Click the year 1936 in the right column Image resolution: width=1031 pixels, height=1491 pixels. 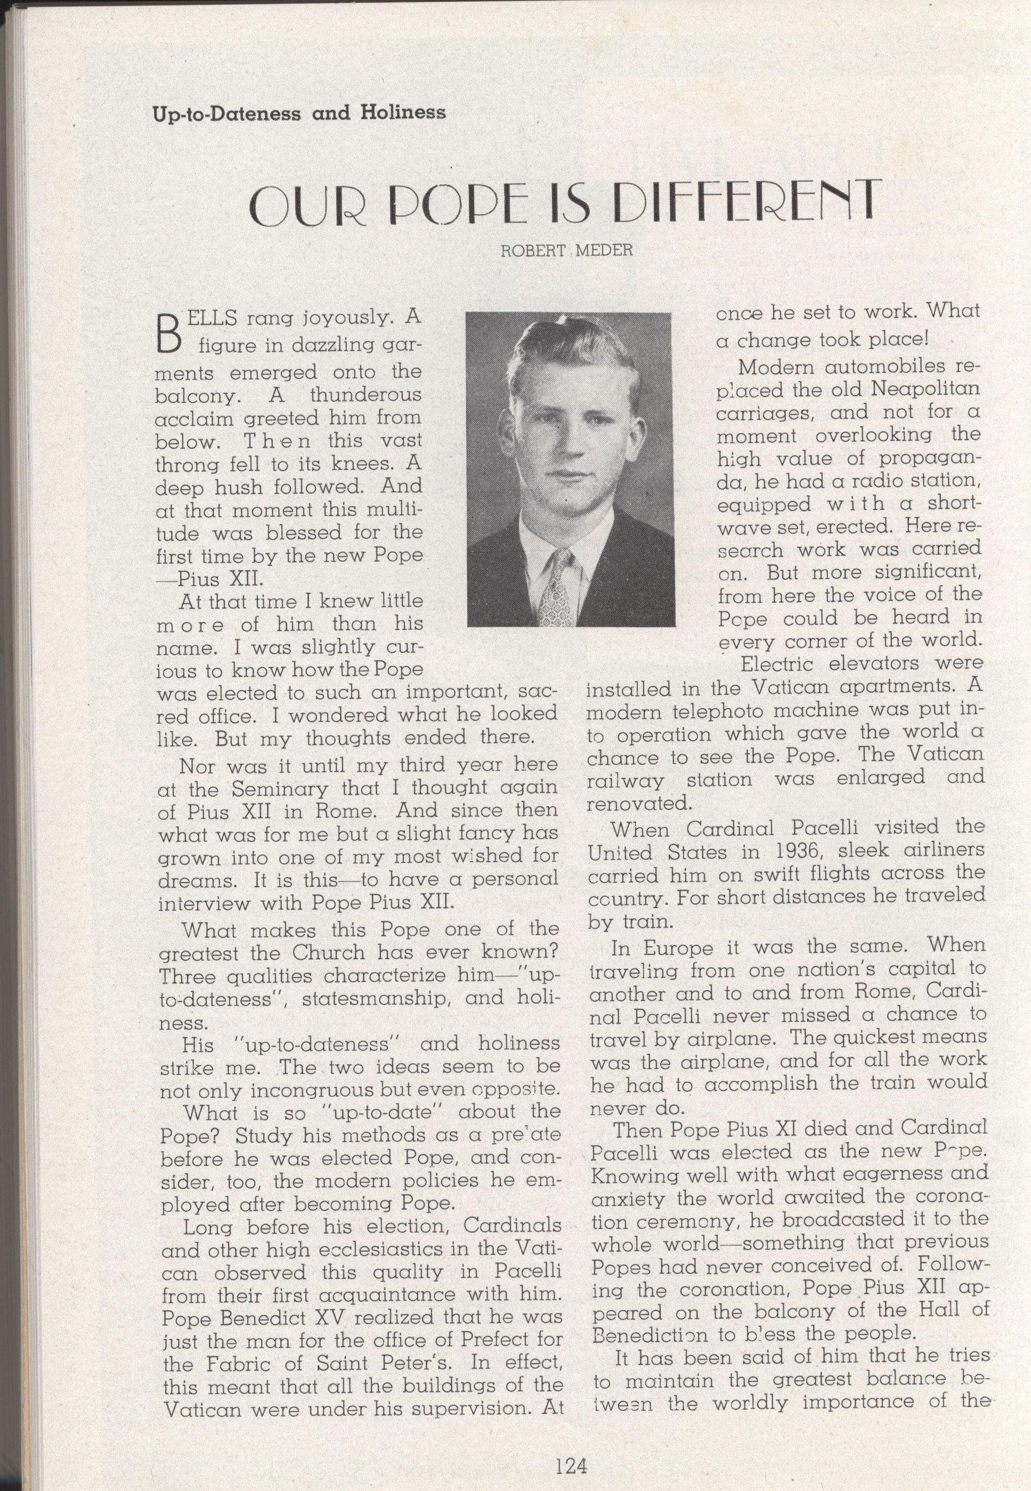coord(788,851)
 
